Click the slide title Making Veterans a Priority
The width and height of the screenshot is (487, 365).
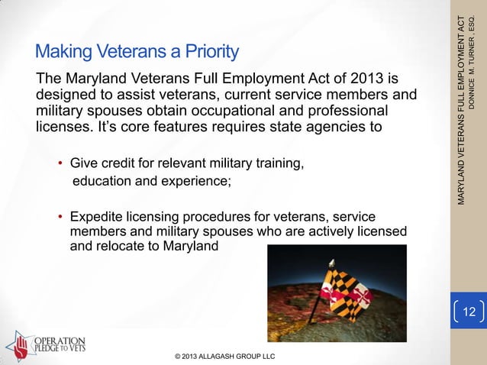[x=137, y=53]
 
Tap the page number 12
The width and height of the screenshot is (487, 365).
[x=469, y=311]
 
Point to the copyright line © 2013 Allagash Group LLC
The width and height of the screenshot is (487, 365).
[x=225, y=356]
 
